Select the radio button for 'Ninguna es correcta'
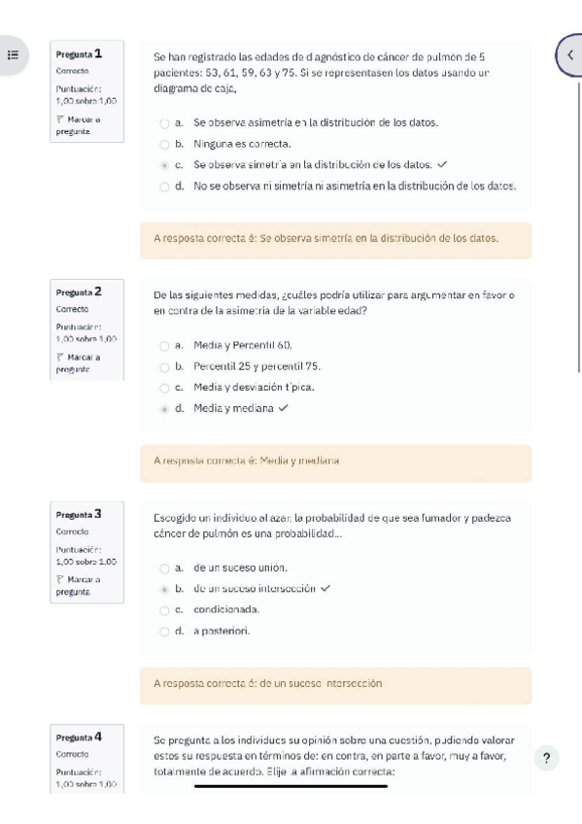(x=164, y=144)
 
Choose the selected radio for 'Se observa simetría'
(x=164, y=164)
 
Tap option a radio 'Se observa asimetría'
(x=164, y=123)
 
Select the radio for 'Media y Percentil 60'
(x=164, y=345)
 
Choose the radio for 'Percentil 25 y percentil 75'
(x=164, y=366)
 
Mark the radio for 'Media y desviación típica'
(x=164, y=388)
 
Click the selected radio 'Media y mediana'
(x=164, y=408)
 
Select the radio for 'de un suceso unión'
(x=164, y=566)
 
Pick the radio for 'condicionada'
(x=164, y=609)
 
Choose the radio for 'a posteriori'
(x=164, y=631)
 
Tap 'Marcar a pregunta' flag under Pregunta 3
(x=78, y=585)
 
